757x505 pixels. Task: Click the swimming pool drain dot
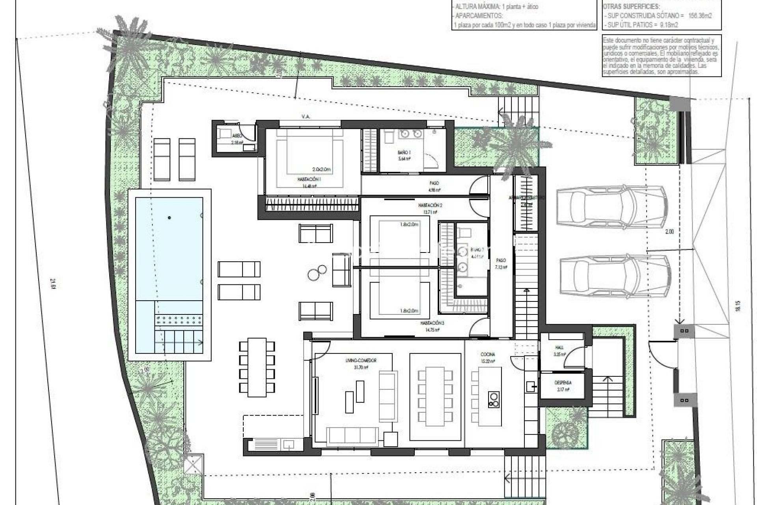(x=170, y=217)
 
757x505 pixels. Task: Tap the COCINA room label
(x=488, y=355)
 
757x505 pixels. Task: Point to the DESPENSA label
(x=563, y=383)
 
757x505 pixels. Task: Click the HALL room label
(x=559, y=348)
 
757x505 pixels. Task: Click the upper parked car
(x=611, y=207)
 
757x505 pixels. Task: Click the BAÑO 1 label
(x=404, y=152)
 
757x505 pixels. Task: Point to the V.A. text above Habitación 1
(x=305, y=117)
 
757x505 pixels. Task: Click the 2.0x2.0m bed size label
(x=321, y=169)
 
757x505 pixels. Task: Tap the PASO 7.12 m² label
(x=501, y=263)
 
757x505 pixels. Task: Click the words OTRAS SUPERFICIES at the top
(x=628, y=7)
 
